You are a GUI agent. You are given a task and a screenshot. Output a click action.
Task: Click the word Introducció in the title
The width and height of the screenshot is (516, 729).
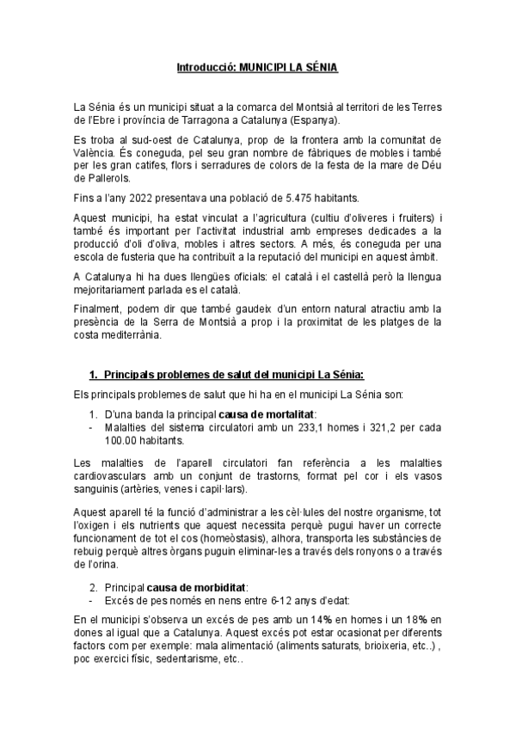click(205, 67)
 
